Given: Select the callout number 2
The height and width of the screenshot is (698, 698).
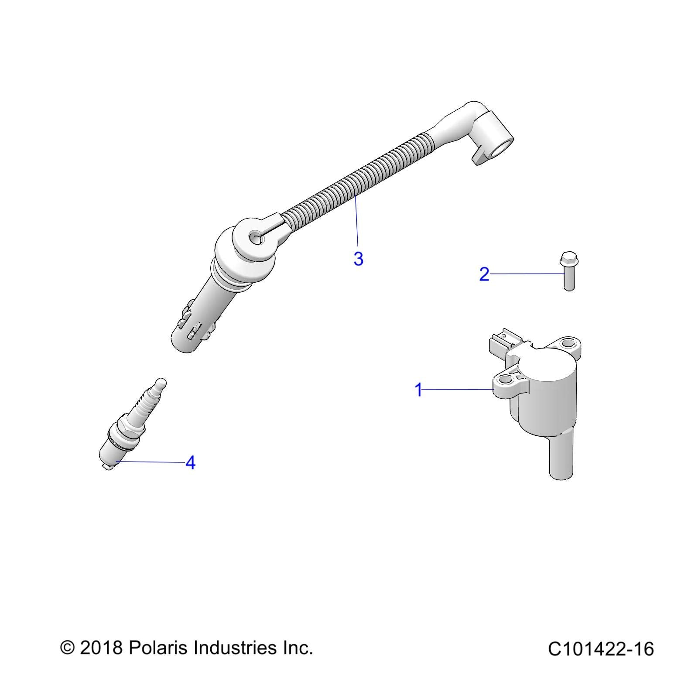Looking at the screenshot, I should tap(484, 274).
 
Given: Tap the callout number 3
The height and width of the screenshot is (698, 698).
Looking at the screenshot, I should tap(358, 259).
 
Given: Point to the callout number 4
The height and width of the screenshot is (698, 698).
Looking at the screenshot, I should tap(190, 462).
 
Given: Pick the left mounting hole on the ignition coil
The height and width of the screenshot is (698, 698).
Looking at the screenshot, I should tap(505, 382).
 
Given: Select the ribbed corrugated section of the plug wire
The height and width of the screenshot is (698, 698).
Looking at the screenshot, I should tap(358, 179).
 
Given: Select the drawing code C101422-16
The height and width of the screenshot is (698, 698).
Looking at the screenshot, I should tap(601, 649).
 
